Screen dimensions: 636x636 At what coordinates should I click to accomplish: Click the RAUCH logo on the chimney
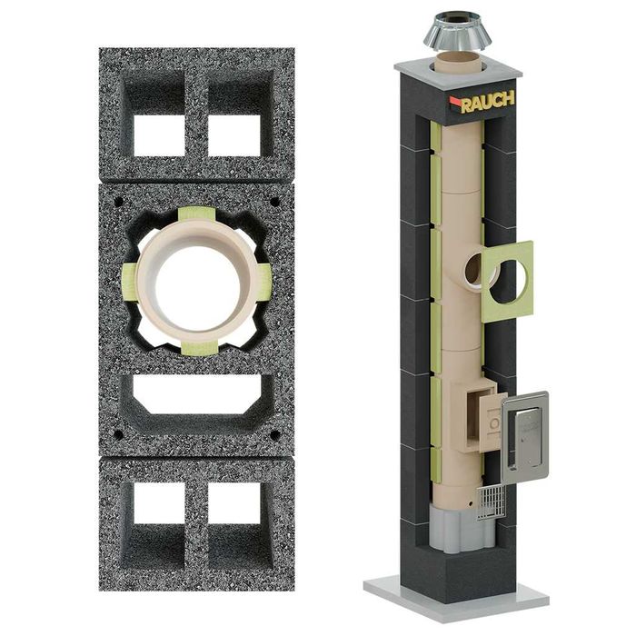[x=482, y=102]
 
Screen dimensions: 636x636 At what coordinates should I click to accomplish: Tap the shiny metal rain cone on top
[x=458, y=31]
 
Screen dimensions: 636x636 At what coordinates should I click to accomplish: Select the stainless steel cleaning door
[x=526, y=437]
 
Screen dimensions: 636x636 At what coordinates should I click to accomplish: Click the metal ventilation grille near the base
[x=492, y=503]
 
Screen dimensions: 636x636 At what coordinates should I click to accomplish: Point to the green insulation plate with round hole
[x=507, y=282]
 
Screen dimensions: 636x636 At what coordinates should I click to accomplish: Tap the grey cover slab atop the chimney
[x=458, y=74]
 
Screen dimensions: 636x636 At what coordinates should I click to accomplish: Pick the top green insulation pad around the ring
[x=197, y=214]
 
